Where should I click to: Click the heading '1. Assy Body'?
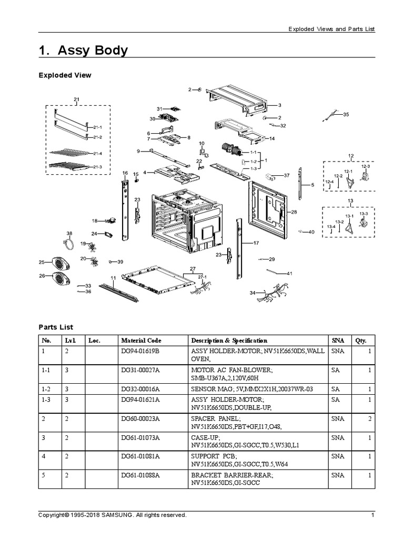(83, 51)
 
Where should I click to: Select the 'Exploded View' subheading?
(65, 75)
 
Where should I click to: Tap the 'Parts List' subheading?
(56, 327)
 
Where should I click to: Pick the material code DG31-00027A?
(140, 371)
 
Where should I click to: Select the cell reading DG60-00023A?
(140, 418)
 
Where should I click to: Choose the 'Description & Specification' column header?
(229, 341)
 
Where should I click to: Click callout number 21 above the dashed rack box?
(76, 99)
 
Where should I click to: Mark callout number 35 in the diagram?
(346, 114)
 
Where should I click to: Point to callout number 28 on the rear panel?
(294, 212)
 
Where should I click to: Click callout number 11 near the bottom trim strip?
(113, 277)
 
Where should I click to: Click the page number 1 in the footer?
(372, 515)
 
